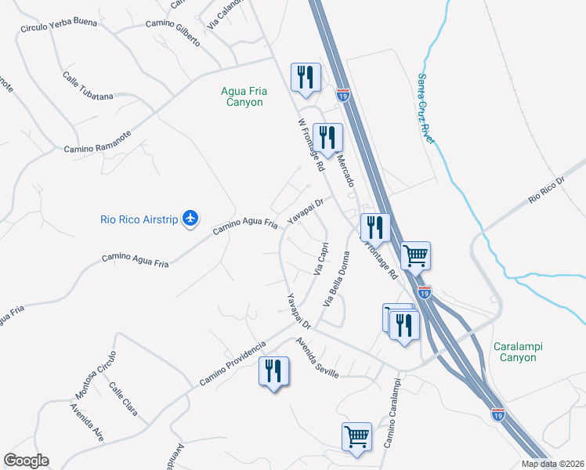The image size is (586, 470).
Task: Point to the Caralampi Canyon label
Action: click(x=519, y=352)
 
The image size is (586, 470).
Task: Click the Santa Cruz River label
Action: click(x=426, y=107)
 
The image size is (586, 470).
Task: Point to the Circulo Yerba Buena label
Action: click(x=59, y=24)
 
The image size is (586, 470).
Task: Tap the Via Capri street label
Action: click(x=320, y=258)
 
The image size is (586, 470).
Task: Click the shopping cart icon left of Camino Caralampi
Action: click(x=356, y=435)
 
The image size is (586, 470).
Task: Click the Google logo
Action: click(x=26, y=461)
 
